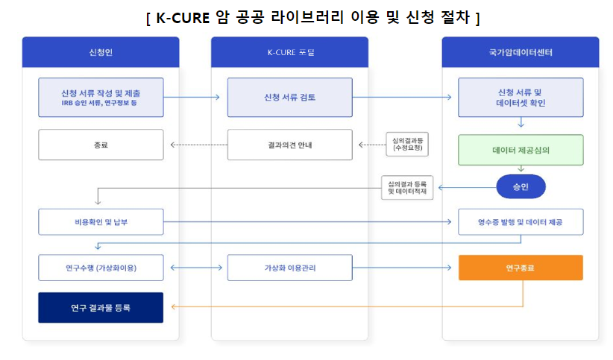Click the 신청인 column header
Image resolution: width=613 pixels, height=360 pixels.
(x=101, y=52)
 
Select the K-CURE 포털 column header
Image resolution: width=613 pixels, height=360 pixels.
(x=289, y=52)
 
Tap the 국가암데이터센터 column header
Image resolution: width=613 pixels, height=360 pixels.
(x=521, y=52)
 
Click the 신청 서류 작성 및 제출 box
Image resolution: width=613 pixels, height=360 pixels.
(x=101, y=98)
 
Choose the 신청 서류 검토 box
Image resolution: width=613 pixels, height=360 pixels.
(x=289, y=98)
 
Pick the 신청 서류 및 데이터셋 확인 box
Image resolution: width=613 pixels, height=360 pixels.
(x=521, y=98)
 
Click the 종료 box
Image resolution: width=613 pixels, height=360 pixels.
(x=101, y=145)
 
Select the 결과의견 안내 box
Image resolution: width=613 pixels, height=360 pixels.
(x=289, y=145)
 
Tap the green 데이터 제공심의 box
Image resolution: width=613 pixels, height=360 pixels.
(x=521, y=150)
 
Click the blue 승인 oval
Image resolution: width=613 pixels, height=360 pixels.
(x=521, y=186)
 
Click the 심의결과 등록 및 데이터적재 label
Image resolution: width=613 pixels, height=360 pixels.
(x=409, y=186)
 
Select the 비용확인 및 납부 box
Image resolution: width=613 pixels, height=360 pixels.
(x=101, y=221)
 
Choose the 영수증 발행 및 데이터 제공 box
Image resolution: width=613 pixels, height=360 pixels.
(x=521, y=221)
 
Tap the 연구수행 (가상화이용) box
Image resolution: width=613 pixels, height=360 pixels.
(x=101, y=268)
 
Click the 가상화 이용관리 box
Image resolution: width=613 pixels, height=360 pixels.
(x=289, y=268)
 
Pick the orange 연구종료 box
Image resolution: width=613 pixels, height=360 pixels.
(x=521, y=268)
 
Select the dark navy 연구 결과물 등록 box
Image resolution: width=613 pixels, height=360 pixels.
(x=101, y=307)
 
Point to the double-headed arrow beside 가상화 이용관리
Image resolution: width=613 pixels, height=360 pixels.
(x=195, y=268)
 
